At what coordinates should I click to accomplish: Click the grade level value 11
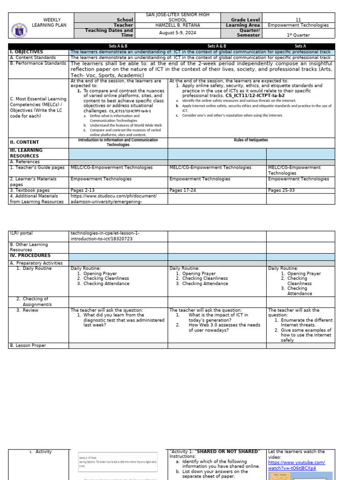[x=298, y=20]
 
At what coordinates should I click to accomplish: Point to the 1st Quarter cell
[x=298, y=35]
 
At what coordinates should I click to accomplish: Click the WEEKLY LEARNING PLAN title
[x=46, y=22]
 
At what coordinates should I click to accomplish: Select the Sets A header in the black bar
[x=300, y=46]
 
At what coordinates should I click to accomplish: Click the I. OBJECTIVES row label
[x=26, y=52]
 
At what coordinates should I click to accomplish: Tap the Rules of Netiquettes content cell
[x=251, y=140]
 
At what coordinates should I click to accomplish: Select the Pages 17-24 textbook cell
[x=182, y=191]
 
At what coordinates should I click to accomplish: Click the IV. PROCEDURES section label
[x=30, y=256]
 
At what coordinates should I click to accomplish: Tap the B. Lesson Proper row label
[x=28, y=345]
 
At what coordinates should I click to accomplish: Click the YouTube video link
[x=296, y=465]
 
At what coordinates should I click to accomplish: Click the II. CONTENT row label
[x=24, y=142]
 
